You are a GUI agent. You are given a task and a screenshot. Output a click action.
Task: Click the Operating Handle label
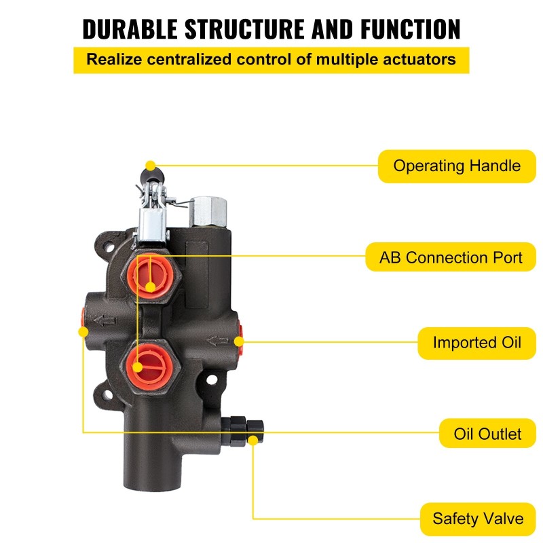[457, 166]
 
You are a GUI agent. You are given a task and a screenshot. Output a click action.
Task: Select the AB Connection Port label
[451, 258]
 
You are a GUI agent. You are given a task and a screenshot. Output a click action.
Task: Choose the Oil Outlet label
[487, 433]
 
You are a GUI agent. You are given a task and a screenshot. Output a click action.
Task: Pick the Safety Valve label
[478, 519]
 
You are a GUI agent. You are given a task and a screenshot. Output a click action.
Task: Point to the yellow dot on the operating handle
[150, 166]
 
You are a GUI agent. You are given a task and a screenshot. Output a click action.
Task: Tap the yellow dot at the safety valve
[253, 441]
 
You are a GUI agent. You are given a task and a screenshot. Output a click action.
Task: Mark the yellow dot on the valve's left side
[83, 333]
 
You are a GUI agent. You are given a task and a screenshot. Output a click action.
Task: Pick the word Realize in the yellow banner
[111, 59]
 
